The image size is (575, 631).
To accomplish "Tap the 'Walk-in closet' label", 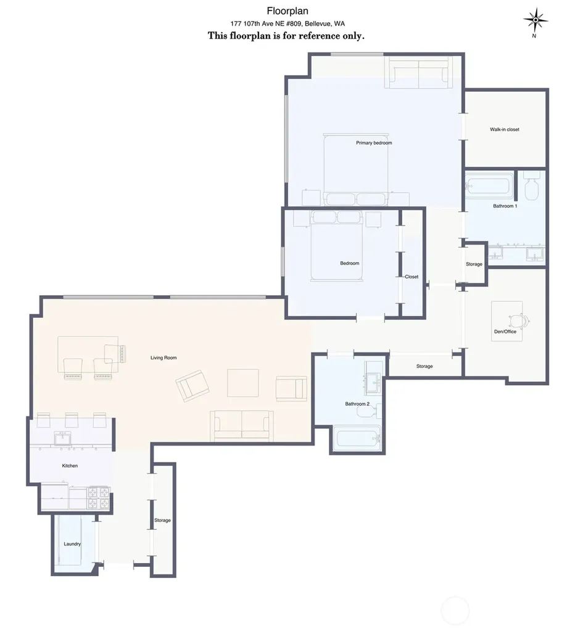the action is [x=505, y=129].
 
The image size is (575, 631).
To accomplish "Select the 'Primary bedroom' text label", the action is [x=374, y=143].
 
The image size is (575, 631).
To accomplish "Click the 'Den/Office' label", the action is [x=505, y=332].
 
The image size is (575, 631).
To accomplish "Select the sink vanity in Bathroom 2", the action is [x=373, y=378].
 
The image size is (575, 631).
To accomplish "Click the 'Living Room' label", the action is [x=163, y=358].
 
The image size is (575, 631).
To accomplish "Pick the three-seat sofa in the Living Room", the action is [x=242, y=426].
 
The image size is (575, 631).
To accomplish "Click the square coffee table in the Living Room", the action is [x=243, y=383].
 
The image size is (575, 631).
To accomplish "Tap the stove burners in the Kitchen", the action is [x=99, y=498].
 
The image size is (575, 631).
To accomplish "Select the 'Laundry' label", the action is [x=72, y=544].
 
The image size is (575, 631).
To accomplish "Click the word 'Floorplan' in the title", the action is [x=287, y=11].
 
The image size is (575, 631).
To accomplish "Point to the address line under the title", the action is [x=287, y=24].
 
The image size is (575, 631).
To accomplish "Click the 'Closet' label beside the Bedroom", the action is [x=412, y=277].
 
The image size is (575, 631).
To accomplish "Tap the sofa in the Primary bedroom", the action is [x=419, y=72].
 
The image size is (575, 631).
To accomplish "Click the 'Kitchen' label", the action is [x=70, y=466].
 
